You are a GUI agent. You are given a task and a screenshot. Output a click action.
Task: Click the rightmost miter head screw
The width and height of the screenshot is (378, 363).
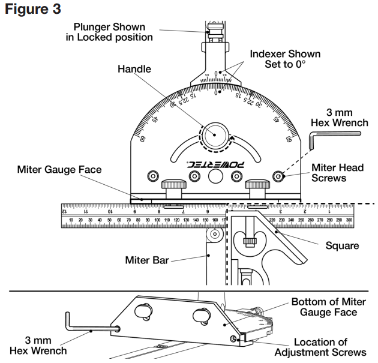[x=279, y=176]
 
